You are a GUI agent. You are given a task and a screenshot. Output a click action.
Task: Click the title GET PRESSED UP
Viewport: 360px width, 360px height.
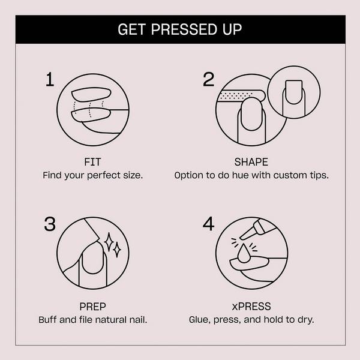180,29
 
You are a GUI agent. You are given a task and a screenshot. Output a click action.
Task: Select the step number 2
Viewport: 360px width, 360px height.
208,80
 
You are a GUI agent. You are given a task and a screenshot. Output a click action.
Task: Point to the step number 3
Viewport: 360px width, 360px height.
50,224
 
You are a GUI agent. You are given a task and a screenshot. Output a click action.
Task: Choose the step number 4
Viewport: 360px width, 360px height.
208,224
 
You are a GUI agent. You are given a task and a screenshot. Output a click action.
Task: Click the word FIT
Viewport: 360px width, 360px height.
92,163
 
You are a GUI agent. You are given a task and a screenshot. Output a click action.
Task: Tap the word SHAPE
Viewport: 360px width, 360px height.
251,163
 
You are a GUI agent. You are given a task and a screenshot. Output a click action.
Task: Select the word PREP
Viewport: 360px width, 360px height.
92,305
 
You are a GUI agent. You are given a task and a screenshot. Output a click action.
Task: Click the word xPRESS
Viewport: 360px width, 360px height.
251,305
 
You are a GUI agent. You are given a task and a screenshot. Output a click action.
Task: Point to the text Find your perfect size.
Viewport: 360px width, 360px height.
92,176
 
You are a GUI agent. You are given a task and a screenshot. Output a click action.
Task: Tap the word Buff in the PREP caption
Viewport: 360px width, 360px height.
49,319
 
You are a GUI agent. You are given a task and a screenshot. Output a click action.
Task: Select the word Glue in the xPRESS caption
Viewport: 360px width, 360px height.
200,319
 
